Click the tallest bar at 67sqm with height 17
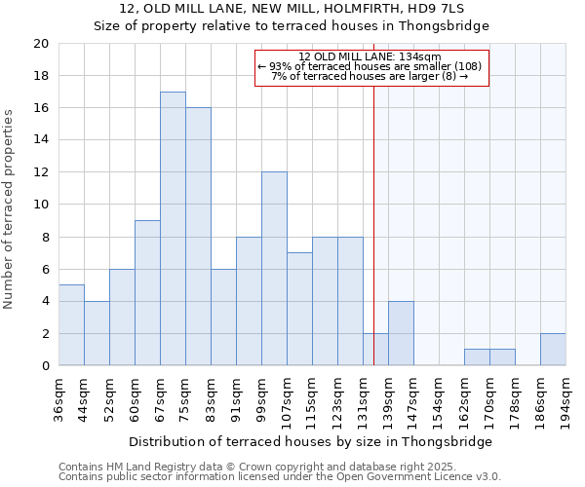click(x=173, y=229)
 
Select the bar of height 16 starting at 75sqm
click(x=198, y=237)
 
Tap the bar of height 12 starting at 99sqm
click(x=274, y=269)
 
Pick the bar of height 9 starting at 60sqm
click(x=147, y=293)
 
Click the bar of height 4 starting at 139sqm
click(x=401, y=333)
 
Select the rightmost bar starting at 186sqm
click(x=552, y=350)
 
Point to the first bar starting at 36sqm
click(x=71, y=325)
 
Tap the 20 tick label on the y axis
click(x=40, y=44)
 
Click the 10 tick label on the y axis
click(x=40, y=205)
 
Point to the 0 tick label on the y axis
click(x=44, y=366)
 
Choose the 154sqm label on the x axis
click(x=439, y=399)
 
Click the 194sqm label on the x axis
click(x=565, y=399)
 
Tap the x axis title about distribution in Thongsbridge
click(x=310, y=441)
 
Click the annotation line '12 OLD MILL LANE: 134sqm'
click(x=370, y=56)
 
